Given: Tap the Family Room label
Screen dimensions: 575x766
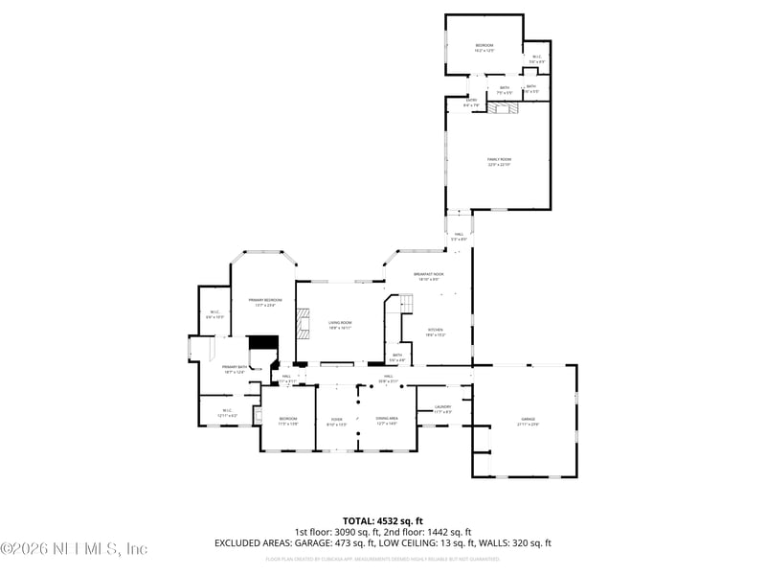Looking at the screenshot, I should point(499,161).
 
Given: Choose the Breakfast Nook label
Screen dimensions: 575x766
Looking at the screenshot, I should point(428,276).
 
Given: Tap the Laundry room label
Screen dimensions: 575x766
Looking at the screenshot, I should point(441,409).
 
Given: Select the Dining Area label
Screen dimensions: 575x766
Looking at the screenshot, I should point(387,420).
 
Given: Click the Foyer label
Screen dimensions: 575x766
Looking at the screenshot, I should point(336,420).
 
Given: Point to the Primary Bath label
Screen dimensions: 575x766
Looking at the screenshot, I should point(236,369).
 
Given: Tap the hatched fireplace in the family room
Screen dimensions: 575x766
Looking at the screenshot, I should point(502,108).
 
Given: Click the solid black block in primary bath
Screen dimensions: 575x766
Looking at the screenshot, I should point(261,345).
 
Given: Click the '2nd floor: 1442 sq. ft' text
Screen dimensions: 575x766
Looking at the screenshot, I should point(427,532).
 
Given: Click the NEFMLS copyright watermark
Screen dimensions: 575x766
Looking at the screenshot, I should point(74,548).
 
